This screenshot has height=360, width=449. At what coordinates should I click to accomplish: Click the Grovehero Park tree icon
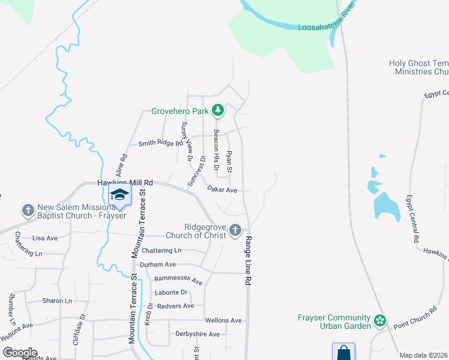pos(218,110)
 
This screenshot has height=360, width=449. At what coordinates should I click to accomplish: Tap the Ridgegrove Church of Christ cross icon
pos(235,230)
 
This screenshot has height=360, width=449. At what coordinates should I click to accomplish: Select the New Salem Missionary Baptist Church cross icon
pos(28,210)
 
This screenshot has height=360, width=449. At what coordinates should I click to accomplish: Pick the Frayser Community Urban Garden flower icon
pos(379,321)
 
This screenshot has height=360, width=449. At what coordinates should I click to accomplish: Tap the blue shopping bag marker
pos(343,352)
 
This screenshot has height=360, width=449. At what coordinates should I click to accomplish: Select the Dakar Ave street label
pos(222,190)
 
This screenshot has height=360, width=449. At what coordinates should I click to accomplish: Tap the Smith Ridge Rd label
pos(160,143)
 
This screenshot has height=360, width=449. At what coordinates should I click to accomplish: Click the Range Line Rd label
pos(247,260)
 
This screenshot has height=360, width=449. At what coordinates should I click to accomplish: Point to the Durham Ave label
pos(157,264)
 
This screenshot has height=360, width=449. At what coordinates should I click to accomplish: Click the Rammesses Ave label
pos(178,280)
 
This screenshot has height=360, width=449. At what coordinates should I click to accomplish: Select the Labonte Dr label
pos(172,293)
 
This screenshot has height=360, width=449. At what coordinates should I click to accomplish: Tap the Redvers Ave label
pos(175,306)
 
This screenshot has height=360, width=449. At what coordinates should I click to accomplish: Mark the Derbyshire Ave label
pos(197,334)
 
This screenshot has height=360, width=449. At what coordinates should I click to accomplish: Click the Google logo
pos(19,352)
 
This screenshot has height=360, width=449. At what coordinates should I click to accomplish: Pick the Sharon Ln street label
pos(57,301)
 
